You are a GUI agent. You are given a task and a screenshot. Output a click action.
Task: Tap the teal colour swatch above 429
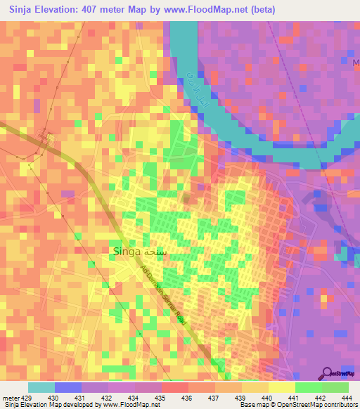(41, 387)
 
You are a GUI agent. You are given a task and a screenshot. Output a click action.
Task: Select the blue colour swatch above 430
(68, 387)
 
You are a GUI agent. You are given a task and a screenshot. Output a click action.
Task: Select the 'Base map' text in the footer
(255, 405)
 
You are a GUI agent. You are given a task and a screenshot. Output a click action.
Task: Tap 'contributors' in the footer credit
(339, 405)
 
